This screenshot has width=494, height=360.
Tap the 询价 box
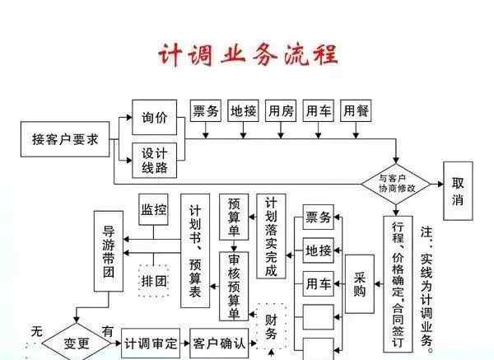pos(154,118)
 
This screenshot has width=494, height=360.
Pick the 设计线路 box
pos(154,160)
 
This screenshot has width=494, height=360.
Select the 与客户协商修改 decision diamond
pos(397,184)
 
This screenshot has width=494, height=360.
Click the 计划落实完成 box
pos(272,236)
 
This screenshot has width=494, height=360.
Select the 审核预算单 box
pos(234,284)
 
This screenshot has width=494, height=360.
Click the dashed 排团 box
pos(153,281)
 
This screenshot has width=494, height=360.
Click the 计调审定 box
pos(151,343)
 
